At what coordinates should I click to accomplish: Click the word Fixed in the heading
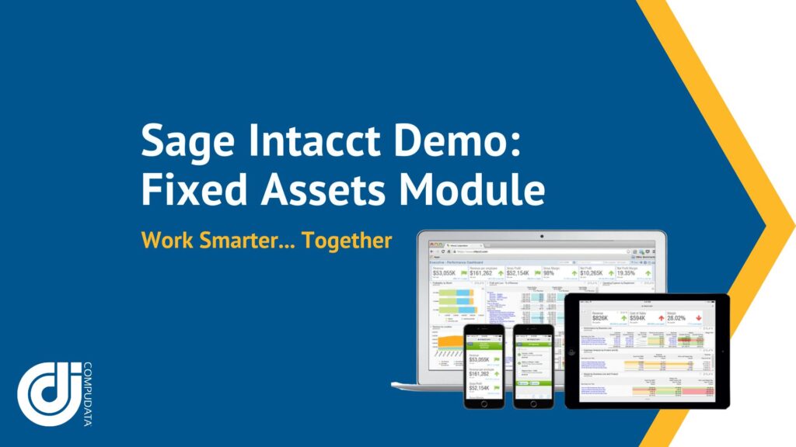190,190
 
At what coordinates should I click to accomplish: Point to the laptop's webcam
541,234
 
